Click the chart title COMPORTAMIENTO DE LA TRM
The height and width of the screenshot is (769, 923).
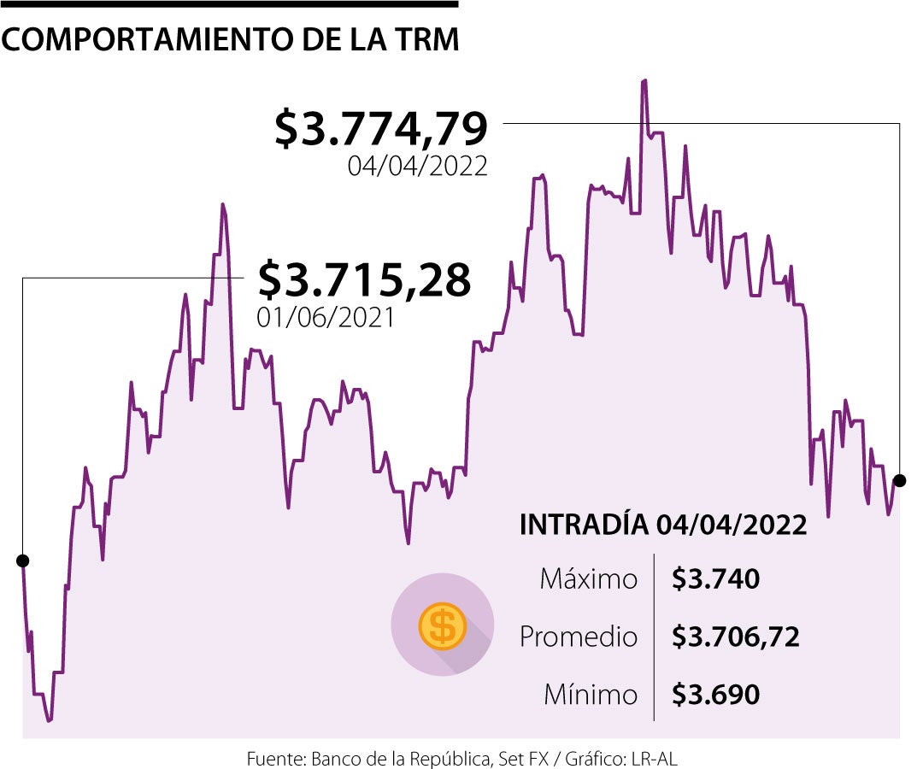(x=231, y=40)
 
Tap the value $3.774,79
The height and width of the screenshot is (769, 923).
(x=381, y=129)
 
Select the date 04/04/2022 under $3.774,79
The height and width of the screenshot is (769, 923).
(x=417, y=165)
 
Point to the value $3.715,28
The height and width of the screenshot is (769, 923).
(x=364, y=279)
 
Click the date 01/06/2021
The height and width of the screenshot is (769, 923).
(x=326, y=317)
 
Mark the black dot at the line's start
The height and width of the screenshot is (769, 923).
(x=22, y=561)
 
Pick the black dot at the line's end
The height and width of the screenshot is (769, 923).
(x=899, y=478)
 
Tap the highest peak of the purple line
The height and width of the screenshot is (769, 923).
(x=644, y=80)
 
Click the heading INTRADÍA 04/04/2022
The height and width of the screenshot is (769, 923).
(x=663, y=525)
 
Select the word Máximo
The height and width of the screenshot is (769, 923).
(x=589, y=579)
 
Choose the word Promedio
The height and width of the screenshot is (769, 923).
(x=579, y=637)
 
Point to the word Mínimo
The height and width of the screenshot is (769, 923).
(x=591, y=695)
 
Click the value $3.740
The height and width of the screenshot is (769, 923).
(x=715, y=579)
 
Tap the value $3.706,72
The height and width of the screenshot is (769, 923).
(x=735, y=637)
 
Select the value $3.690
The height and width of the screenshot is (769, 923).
(x=715, y=695)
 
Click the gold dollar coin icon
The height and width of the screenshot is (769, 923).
(x=442, y=625)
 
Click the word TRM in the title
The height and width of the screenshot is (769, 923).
(x=426, y=40)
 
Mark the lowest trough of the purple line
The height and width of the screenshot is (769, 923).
(x=49, y=721)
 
